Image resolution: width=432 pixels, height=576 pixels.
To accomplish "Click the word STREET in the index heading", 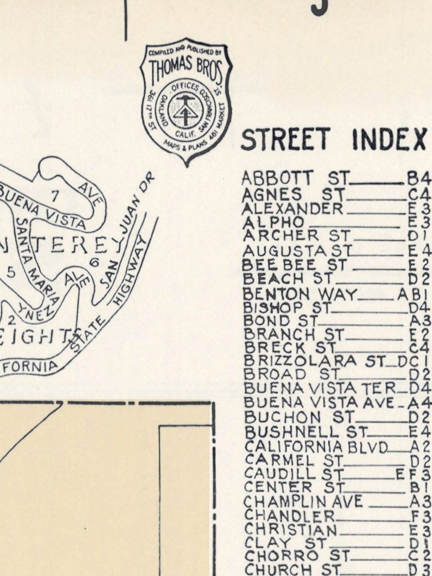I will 284,139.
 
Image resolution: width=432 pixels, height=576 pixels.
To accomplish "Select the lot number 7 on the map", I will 55,196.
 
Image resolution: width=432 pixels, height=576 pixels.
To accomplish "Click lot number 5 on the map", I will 11,272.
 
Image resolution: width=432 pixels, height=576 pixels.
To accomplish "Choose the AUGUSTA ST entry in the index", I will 297,251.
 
